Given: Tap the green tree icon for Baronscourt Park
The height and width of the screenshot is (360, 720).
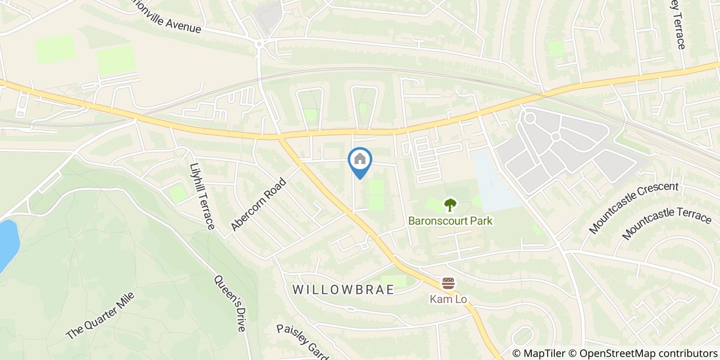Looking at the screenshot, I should [x=451, y=205].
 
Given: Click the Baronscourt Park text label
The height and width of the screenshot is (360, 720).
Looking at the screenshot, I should [x=451, y=221].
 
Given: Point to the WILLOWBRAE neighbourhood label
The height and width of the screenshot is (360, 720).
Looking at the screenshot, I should [x=343, y=290].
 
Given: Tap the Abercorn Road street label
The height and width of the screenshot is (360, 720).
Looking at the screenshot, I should [x=258, y=205].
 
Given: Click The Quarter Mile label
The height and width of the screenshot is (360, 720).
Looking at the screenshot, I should [x=100, y=316].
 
